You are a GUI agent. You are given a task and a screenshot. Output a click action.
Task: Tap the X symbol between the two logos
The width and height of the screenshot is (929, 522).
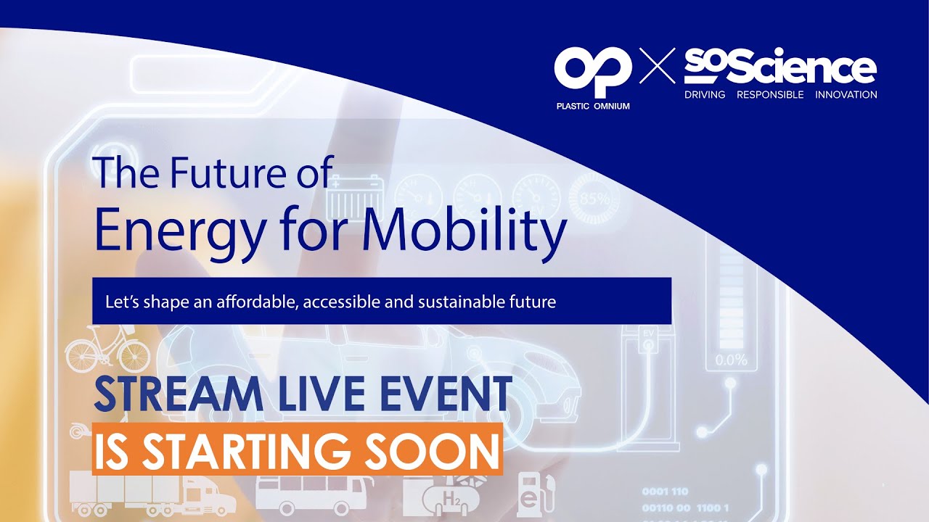tap(657, 66)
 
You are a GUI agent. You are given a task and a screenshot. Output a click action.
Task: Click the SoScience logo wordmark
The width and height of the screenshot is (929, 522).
tap(780, 67)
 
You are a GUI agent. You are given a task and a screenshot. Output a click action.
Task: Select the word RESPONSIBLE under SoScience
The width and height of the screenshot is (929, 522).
tap(770, 95)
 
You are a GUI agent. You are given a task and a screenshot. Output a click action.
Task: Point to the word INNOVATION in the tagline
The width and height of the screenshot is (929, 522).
tap(846, 95)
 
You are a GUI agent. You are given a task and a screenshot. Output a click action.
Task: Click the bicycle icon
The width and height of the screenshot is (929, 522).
tap(107, 352)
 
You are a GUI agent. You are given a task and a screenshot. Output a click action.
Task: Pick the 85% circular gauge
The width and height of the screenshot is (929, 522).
tap(593, 198)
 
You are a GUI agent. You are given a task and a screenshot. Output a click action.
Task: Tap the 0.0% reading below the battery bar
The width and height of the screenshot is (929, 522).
tap(731, 360)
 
